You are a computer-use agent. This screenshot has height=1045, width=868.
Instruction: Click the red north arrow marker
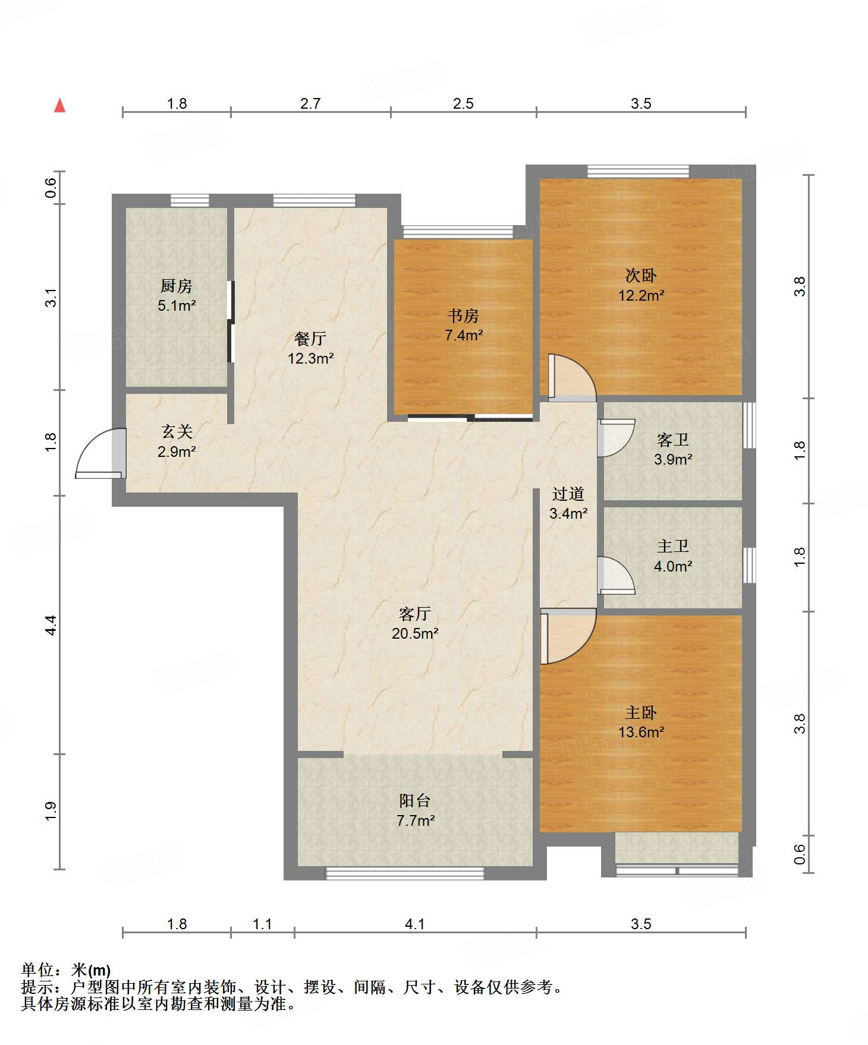[59, 105]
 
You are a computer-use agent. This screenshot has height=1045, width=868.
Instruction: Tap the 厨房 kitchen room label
[177, 286]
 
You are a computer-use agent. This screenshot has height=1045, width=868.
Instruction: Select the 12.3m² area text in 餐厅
[310, 358]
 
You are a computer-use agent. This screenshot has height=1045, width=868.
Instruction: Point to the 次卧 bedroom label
[641, 275]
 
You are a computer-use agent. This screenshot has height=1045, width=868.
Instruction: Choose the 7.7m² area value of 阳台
[415, 820]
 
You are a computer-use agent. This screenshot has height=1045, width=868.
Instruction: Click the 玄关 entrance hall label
[177, 431]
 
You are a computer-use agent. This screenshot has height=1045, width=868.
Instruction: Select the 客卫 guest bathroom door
[616, 438]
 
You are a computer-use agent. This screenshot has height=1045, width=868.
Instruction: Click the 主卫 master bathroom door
[616, 575]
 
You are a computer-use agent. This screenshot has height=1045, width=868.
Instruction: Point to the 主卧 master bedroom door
[568, 636]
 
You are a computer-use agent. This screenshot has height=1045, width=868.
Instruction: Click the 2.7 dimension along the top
[310, 103]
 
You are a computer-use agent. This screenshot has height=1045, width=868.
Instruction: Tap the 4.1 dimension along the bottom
[415, 924]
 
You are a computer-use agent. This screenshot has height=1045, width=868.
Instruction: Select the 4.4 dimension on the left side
[51, 625]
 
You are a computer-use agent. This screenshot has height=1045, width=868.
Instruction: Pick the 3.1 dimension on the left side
[51, 298]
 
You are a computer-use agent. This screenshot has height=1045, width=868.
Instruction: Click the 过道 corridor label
[568, 494]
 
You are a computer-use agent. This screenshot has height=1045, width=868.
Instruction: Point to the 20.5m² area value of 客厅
[415, 633]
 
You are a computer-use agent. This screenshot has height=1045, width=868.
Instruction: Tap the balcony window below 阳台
[405, 873]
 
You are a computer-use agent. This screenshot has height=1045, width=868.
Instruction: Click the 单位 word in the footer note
[37, 970]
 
